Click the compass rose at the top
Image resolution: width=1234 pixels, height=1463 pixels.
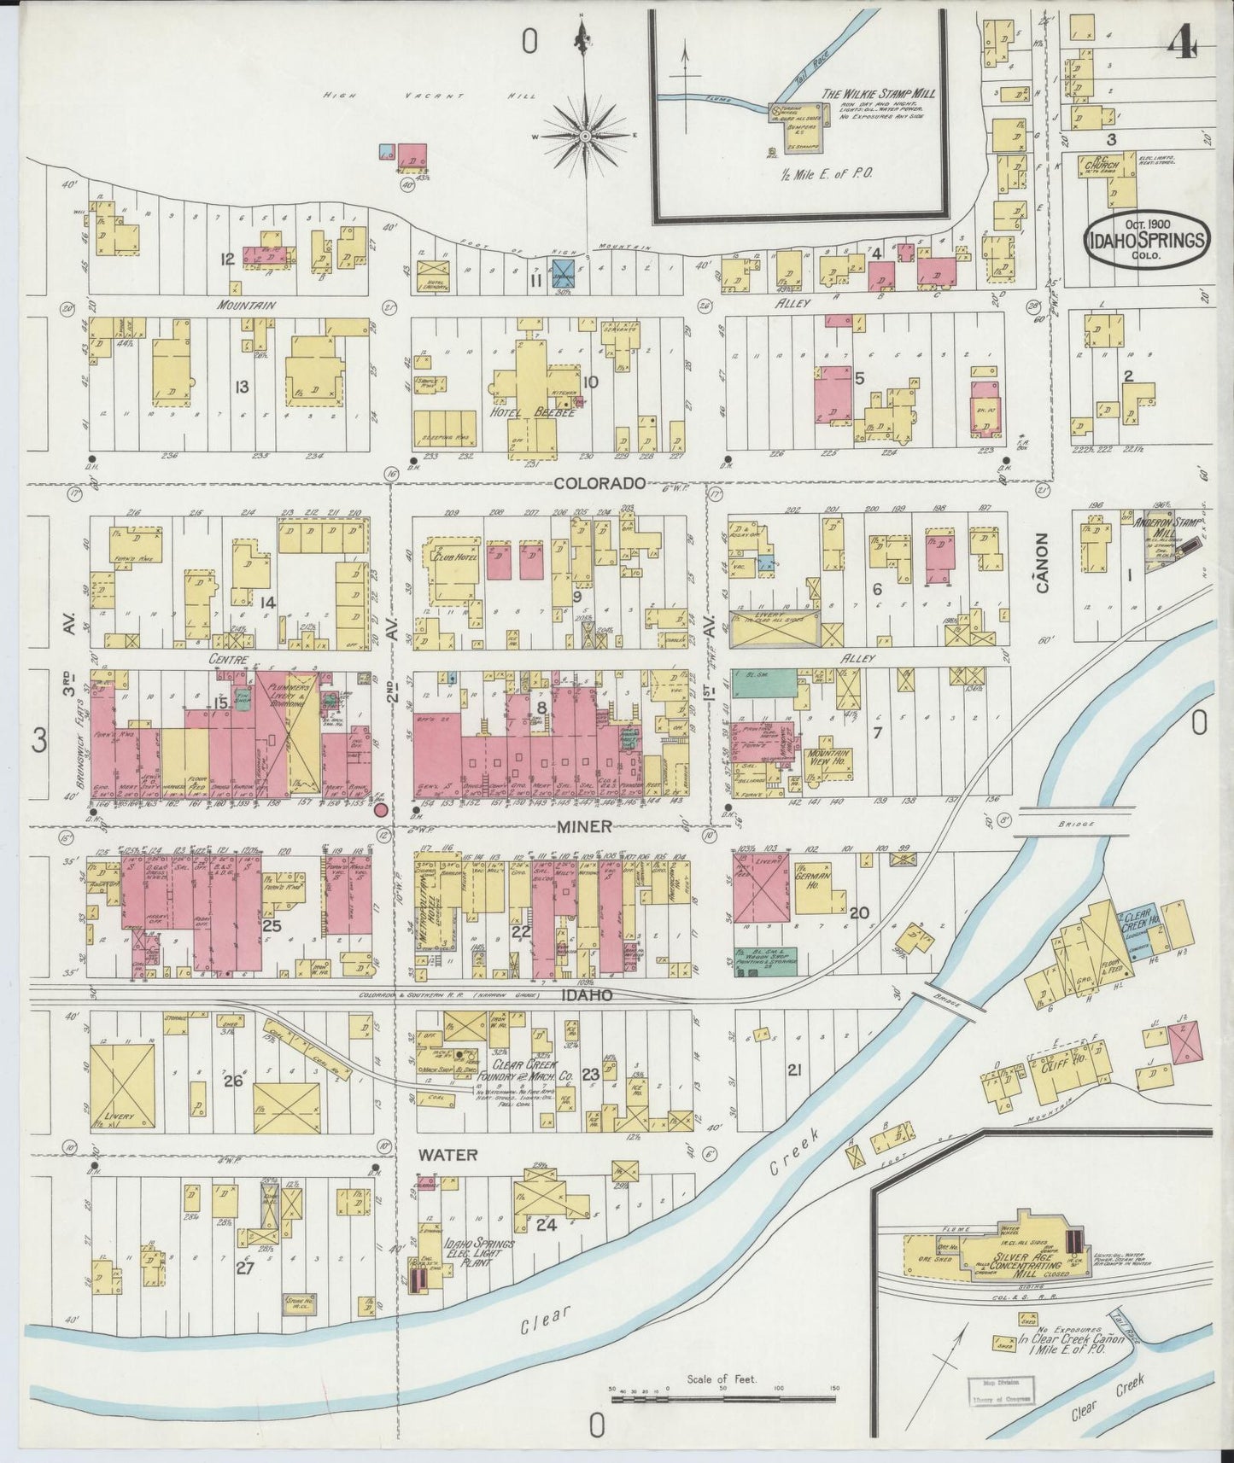[586, 136]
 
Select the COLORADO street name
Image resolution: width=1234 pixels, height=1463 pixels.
[598, 483]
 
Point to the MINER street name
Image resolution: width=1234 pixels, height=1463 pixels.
[586, 825]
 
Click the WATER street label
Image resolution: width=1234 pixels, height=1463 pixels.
[447, 1154]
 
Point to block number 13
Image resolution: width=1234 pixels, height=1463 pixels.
[242, 388]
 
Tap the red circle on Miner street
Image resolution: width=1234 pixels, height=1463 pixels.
[382, 809]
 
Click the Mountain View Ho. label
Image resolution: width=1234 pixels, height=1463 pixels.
[828, 759]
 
